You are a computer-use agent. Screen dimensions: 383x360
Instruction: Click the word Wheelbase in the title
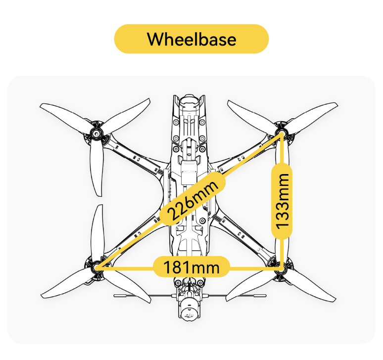191,39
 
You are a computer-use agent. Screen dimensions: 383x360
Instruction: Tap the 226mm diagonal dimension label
192,198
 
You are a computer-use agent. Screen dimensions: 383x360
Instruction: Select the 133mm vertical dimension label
282,201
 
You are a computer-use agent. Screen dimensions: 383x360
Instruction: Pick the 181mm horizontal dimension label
191,267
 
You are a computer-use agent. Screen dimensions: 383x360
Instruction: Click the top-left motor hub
96,134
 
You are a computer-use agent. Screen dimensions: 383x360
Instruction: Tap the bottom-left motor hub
96,268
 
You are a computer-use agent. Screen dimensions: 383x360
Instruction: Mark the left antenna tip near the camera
115,296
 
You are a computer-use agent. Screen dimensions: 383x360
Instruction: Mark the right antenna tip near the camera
265,296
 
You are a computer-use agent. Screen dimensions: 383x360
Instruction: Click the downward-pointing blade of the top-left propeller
97,169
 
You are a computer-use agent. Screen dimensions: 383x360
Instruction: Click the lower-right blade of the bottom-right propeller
310,286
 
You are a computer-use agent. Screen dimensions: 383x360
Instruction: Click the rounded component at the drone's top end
189,102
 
